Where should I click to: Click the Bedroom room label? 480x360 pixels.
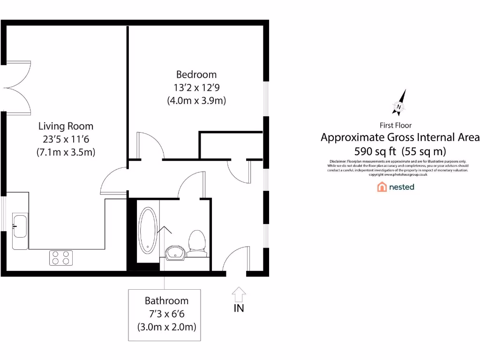[196, 74]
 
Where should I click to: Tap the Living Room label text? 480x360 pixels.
[66, 126]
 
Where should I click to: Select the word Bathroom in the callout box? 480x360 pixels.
[166, 301]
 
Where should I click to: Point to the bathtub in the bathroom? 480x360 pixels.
[148, 230]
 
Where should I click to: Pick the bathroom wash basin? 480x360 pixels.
[175, 252]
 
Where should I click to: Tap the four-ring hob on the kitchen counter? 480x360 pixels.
[61, 258]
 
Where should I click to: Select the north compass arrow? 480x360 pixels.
[399, 103]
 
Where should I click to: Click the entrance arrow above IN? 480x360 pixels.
[239, 294]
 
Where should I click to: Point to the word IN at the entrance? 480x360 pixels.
[239, 308]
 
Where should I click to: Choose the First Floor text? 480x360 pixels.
[396, 125]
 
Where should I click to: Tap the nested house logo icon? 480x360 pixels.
[382, 187]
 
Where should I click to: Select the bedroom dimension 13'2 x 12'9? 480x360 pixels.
[196, 87]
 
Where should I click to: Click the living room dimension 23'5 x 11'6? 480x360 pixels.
[66, 139]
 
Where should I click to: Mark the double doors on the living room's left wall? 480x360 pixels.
[18, 87]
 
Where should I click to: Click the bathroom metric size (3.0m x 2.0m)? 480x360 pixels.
[166, 326]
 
